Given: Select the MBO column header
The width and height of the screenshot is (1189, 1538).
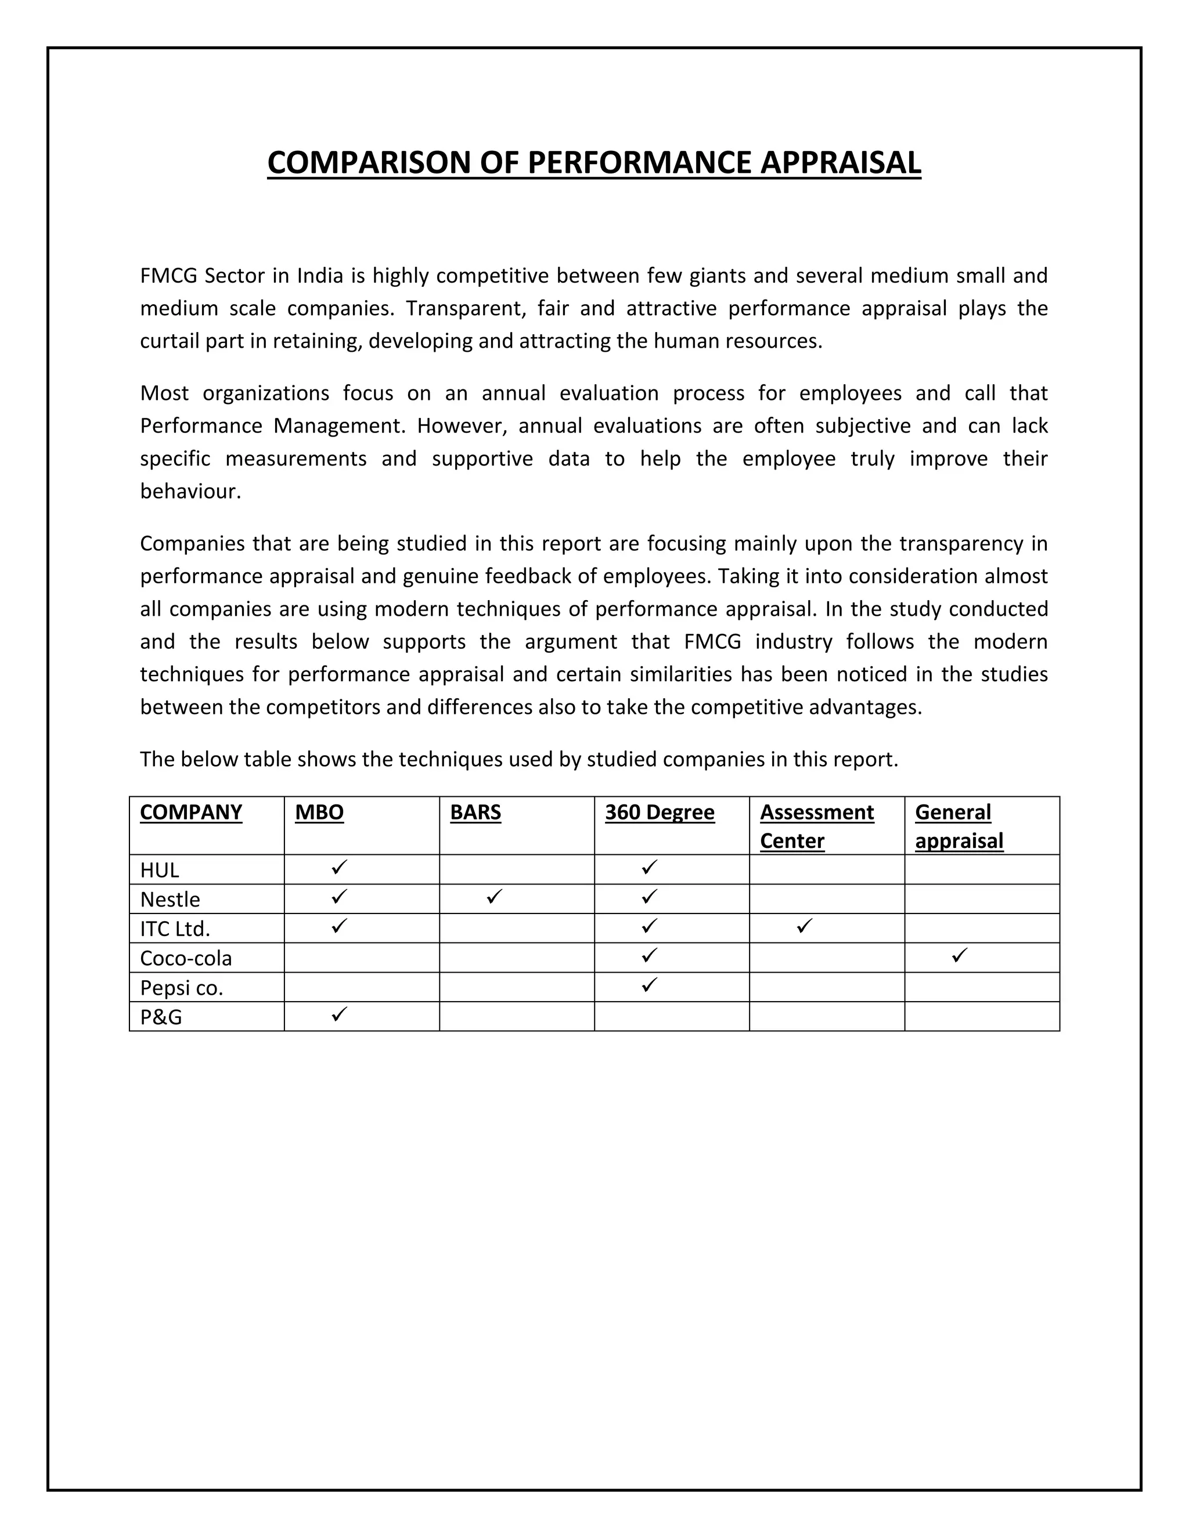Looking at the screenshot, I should point(319,812).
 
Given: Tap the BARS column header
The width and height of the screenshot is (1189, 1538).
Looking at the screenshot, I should point(475,812).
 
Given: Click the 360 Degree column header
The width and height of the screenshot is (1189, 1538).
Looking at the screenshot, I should point(660,812).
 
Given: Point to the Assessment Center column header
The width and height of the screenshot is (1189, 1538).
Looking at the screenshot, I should point(816,826).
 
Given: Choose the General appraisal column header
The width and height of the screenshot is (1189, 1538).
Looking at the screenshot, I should point(959,826).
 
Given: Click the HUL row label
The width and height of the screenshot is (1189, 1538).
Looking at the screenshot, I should point(159,871).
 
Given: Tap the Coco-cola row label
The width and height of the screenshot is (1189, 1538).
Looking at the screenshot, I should point(186,958).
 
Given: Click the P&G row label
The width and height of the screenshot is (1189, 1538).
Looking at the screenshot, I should point(161,1017).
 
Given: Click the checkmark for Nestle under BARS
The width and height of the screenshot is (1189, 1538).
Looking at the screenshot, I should point(495,897).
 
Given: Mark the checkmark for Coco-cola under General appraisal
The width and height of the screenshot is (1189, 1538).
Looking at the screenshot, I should point(959,956).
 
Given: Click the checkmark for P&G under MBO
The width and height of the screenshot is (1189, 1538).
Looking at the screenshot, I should point(340,1014).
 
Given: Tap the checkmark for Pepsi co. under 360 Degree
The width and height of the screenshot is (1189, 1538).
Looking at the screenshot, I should point(650,984).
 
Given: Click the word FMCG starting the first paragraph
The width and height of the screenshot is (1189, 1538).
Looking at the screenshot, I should point(168,275).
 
